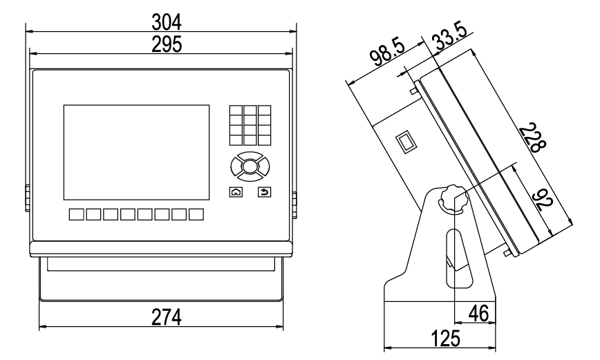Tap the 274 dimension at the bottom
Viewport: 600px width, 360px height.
click(x=167, y=316)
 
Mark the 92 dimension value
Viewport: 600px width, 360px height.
click(x=546, y=200)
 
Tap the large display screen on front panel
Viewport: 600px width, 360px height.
click(x=136, y=152)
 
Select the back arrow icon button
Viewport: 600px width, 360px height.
click(x=263, y=193)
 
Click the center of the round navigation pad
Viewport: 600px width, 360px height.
click(x=249, y=166)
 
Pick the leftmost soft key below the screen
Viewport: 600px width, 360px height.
click(x=76, y=214)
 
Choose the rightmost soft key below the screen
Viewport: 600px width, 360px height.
click(x=196, y=214)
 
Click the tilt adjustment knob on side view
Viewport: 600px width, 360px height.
click(x=451, y=200)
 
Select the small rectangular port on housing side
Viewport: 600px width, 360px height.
click(x=405, y=143)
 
